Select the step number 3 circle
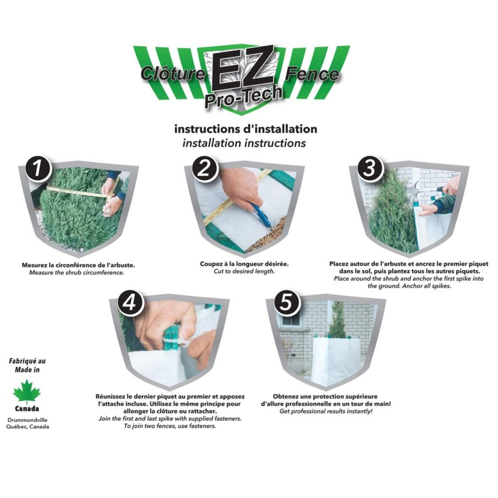(369, 167)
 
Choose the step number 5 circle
(286, 303)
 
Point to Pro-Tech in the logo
(243, 96)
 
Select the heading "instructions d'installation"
(246, 129)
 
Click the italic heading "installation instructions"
(244, 143)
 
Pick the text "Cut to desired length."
(244, 272)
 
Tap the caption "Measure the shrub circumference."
(77, 273)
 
